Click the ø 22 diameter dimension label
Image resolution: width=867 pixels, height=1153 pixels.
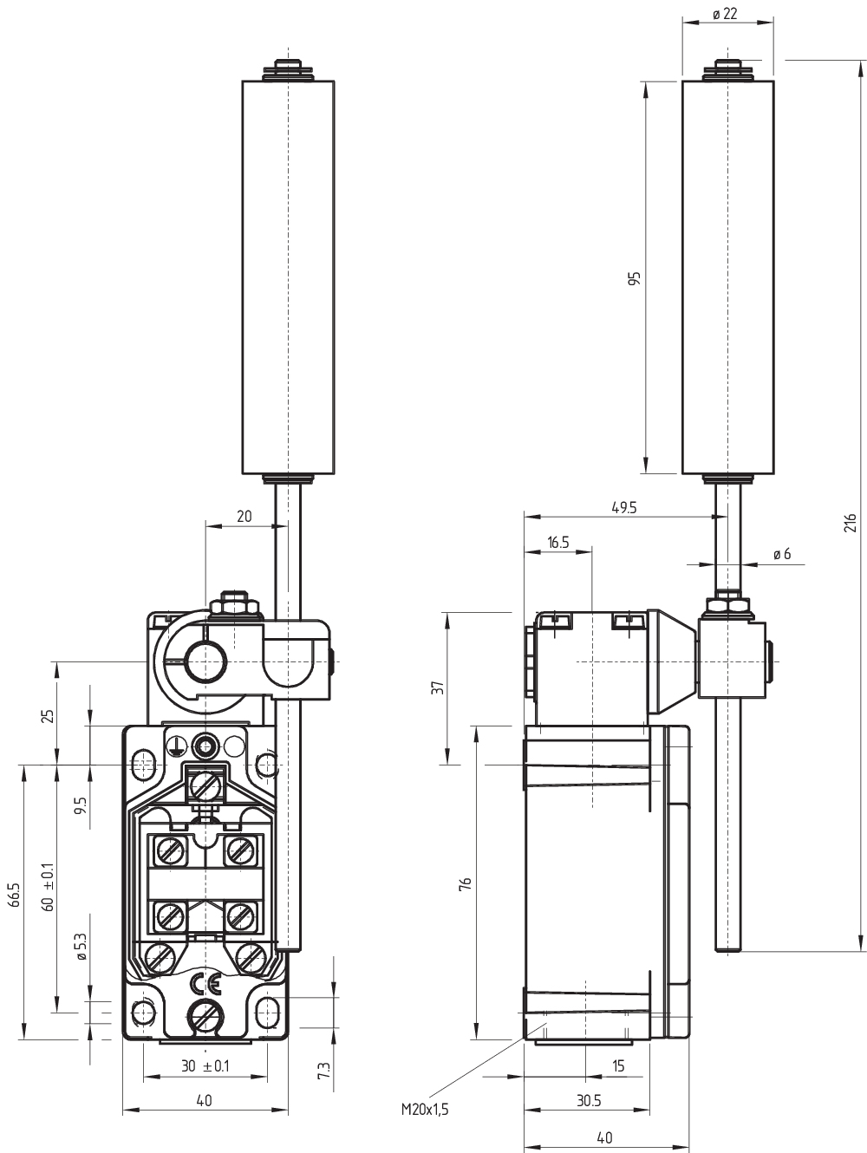coord(725,14)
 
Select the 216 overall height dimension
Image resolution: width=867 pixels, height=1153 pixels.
coord(850,523)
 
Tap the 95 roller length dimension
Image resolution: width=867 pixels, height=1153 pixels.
coord(635,278)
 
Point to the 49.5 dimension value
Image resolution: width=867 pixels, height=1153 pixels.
coord(624,507)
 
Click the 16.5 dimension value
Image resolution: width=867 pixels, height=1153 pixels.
coord(557,542)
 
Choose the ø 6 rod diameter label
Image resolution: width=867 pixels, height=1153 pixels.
coord(782,554)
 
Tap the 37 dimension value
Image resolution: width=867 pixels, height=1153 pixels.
coord(438,687)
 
